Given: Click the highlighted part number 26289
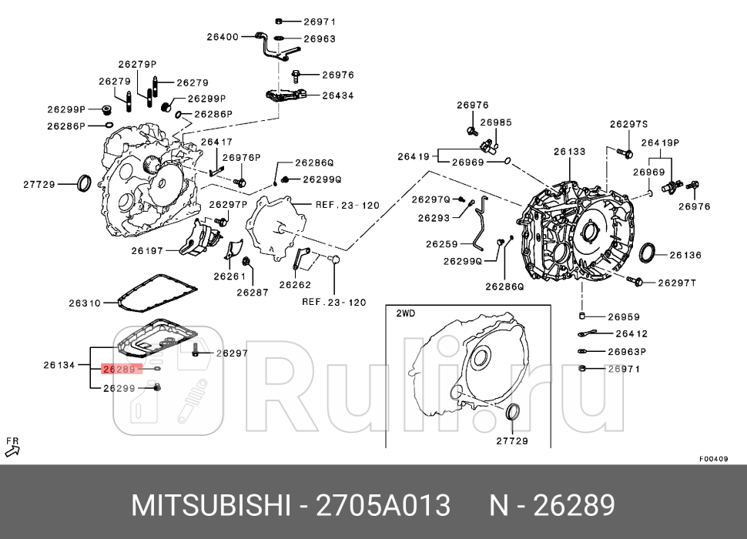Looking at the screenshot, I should point(119,369).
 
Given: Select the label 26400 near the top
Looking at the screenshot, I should point(222,36).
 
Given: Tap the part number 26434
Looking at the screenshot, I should point(338,95).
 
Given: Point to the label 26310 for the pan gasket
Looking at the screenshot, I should point(85,303).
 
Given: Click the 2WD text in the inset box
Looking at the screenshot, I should point(405,313).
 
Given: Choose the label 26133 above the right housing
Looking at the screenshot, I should point(569,152).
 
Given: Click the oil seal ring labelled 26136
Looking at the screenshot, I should point(650,253).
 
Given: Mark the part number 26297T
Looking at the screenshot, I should point(676,283).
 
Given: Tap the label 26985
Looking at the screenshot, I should point(496,122).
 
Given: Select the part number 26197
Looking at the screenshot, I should point(147,250).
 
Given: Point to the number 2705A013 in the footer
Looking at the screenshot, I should point(384,506).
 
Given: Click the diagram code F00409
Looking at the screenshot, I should point(713,459).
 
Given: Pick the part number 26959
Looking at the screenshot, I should point(624,316).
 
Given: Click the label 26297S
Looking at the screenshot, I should point(628,124).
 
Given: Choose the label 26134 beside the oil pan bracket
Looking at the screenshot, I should point(59,365).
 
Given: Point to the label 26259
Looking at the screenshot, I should point(441,244).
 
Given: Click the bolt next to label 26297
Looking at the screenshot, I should point(196,352).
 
